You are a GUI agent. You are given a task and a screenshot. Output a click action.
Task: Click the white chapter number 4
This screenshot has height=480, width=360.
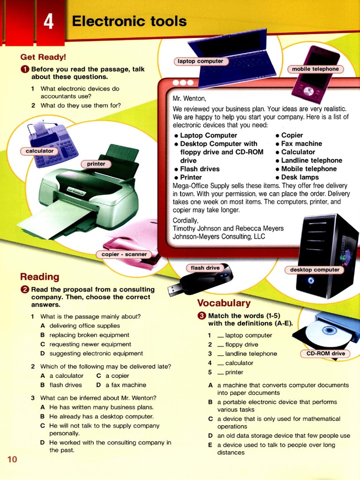coord(48,22)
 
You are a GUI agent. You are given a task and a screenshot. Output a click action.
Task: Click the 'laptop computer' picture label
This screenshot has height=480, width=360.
coord(201,61)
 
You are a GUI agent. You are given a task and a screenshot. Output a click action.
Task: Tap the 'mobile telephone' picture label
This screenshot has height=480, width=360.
coord(315,69)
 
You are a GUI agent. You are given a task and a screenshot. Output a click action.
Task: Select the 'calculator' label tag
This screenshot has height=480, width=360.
coord(39,151)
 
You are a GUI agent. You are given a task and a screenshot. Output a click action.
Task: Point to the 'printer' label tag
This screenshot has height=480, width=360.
coord(96,164)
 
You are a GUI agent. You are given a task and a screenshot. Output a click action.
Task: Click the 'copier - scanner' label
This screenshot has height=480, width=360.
coord(124,255)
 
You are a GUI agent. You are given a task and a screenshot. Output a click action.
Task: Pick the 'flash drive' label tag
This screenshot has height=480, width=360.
coord(205,268)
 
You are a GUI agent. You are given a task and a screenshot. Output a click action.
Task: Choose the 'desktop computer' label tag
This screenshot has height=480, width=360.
coord(315,270)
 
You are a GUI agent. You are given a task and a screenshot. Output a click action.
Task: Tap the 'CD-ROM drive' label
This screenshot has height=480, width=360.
coord(326,353)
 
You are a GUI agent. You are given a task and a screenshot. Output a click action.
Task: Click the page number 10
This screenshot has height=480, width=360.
coord(12,459)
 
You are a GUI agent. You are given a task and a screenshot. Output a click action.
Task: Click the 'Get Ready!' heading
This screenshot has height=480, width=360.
coord(43,57)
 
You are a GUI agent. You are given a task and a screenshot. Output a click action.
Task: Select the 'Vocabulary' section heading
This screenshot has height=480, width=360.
coord(224,303)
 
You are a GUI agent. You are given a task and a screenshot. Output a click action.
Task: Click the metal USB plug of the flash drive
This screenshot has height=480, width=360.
coord(174,291)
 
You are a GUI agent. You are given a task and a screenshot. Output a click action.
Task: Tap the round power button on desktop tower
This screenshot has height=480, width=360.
coord(311,280)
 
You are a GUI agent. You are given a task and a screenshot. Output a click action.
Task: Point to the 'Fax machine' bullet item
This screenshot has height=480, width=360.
coord(301,143)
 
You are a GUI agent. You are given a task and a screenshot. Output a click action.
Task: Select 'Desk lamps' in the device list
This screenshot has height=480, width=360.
coord(300,177)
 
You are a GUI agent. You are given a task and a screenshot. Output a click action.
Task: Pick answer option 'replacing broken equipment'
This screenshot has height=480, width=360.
coord(90,335)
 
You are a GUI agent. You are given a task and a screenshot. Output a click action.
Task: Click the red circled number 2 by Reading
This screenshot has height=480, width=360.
coord(25,290)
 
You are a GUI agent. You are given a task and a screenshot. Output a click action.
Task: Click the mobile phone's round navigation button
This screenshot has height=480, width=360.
coord(308,91)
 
